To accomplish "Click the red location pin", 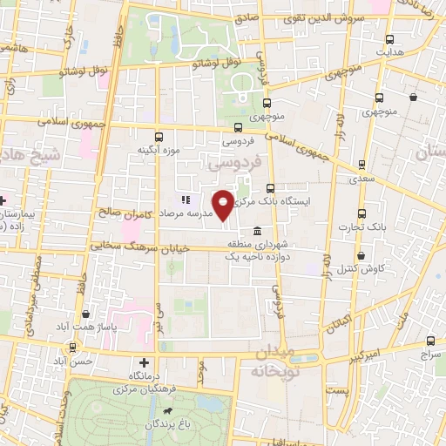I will tap(224, 205).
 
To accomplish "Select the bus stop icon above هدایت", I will tap(389, 39).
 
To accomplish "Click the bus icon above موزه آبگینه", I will tap(158, 137).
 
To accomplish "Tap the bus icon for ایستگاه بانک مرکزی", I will tap(271, 187).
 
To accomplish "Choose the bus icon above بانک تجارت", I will tap(362, 213).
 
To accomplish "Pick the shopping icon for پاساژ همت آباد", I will tap(85, 314).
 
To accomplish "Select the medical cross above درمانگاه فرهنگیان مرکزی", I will tap(145, 362).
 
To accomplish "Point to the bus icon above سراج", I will tap(430, 341).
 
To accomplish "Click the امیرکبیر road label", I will tap(359, 355).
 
